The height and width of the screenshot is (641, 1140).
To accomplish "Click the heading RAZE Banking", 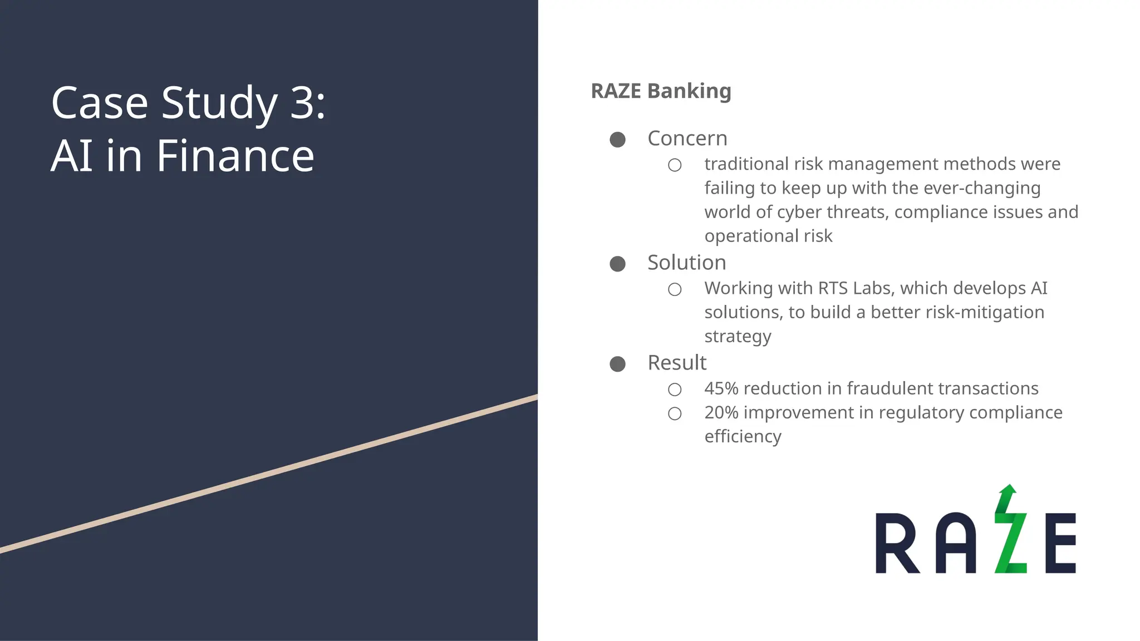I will coord(661,91).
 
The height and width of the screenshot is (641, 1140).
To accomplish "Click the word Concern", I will coord(687,139).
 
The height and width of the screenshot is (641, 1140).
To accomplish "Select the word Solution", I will coord(686,263).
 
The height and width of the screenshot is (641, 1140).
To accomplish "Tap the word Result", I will coord(677,363).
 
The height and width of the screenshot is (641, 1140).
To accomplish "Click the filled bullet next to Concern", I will coord(617,140).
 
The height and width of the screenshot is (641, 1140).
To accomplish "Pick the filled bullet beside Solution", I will coord(617,264).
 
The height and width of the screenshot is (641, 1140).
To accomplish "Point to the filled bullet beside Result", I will coord(617,364).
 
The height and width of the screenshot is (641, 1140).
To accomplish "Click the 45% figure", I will coord(721,388).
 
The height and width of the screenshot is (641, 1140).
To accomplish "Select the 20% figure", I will coord(721,413).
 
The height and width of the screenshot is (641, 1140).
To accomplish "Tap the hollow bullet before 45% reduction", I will coord(675,389).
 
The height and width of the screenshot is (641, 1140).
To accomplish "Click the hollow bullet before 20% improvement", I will coord(675,414).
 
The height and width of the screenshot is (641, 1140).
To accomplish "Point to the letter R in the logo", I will coord(896,544).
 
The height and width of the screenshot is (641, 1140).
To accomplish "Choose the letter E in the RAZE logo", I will coord(1060,544).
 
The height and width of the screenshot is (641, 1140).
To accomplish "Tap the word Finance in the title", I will coord(235,156).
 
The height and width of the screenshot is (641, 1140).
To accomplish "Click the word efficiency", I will coord(743,437).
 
